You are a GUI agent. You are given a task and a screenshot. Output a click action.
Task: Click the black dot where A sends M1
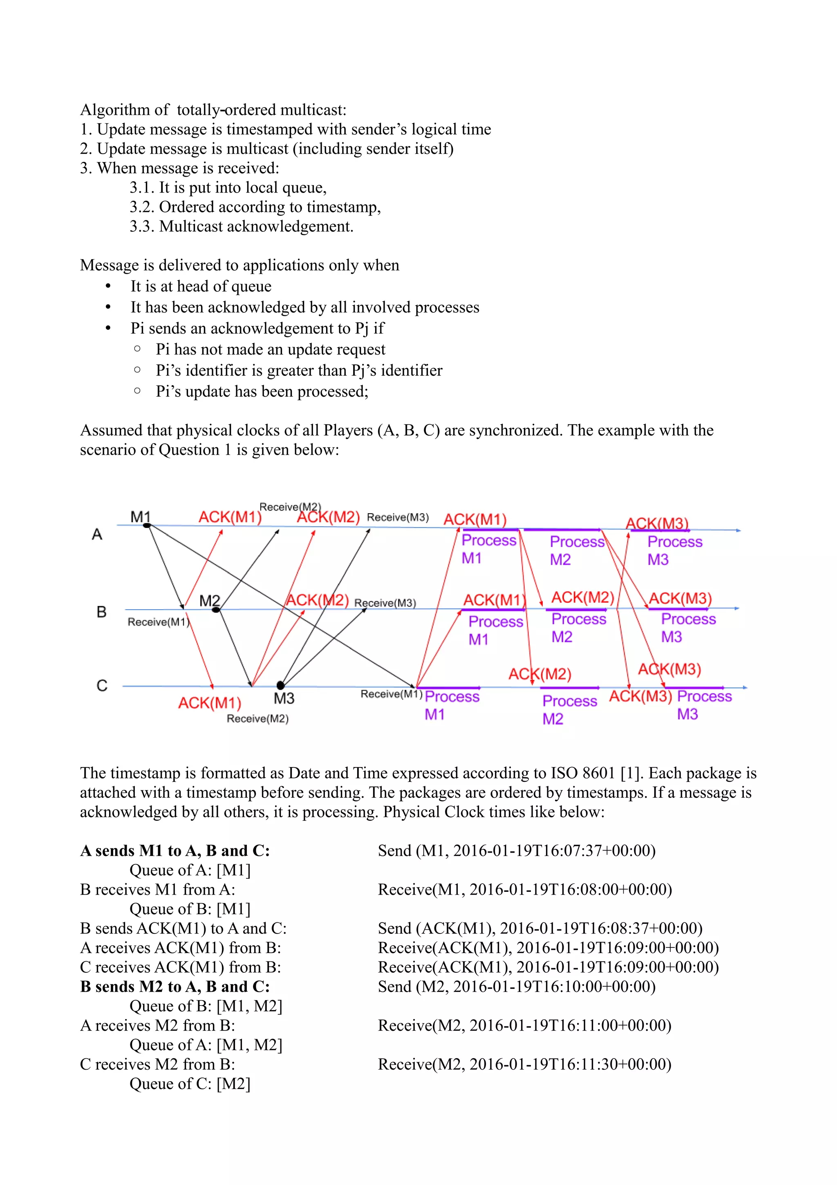click(x=147, y=525)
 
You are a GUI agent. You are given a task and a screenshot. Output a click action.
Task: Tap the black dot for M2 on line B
click(x=216, y=610)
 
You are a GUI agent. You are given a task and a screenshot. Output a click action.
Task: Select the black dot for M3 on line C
click(x=280, y=685)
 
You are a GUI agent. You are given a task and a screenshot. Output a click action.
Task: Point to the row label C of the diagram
click(x=102, y=685)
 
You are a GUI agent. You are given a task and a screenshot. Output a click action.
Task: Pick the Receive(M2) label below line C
click(x=257, y=718)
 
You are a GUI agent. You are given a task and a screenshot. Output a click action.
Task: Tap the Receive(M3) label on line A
click(x=398, y=517)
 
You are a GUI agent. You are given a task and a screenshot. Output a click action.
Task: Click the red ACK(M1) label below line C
click(x=209, y=703)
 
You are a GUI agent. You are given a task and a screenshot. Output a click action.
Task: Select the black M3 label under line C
click(x=284, y=698)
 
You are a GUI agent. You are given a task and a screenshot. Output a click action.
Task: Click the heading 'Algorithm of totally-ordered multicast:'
click(x=213, y=110)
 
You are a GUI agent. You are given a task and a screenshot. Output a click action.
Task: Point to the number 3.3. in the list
click(x=141, y=227)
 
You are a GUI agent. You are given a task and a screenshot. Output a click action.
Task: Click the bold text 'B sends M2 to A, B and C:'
click(x=175, y=987)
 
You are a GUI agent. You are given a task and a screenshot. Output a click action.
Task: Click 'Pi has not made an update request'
click(x=270, y=350)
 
